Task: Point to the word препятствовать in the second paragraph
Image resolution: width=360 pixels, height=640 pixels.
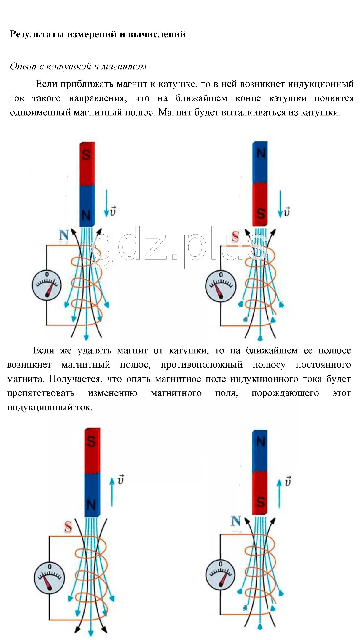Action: [40, 393]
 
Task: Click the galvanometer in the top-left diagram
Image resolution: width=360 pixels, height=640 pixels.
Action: [47, 285]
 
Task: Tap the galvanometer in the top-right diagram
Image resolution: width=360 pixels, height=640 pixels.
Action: [220, 286]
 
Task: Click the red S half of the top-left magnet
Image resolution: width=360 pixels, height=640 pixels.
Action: [87, 164]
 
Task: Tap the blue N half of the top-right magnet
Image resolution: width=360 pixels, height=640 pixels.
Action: [260, 162]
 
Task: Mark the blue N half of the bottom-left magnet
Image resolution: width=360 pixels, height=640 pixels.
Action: [92, 495]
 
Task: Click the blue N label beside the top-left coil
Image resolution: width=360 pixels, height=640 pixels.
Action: [64, 235]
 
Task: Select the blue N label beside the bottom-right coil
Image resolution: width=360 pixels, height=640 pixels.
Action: [236, 521]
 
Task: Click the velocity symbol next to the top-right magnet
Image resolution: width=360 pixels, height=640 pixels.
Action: [286, 212]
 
